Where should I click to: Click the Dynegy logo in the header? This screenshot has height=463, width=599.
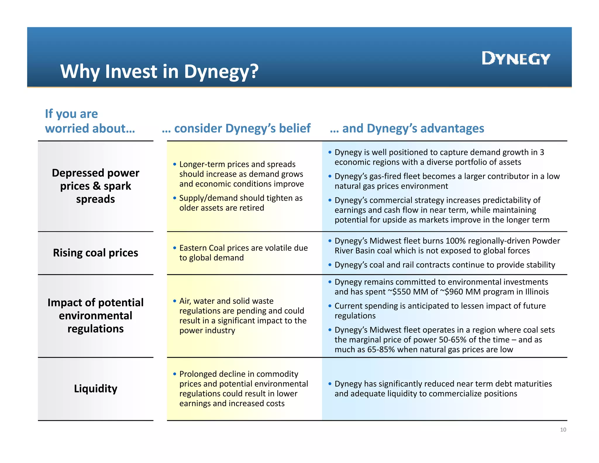click(516, 58)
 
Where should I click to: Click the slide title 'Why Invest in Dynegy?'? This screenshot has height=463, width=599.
click(159, 71)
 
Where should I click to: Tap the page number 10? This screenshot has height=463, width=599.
click(563, 430)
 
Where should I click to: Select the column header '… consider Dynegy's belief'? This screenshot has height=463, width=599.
click(236, 128)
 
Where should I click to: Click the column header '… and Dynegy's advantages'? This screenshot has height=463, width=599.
click(407, 128)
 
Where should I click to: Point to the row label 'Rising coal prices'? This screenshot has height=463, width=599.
click(95, 253)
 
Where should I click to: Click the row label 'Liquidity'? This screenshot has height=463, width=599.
click(95, 389)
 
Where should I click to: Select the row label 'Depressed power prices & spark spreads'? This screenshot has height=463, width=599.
click(95, 186)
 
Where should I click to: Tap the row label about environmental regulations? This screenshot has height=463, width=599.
click(95, 316)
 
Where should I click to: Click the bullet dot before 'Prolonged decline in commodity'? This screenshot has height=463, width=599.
click(175, 374)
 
